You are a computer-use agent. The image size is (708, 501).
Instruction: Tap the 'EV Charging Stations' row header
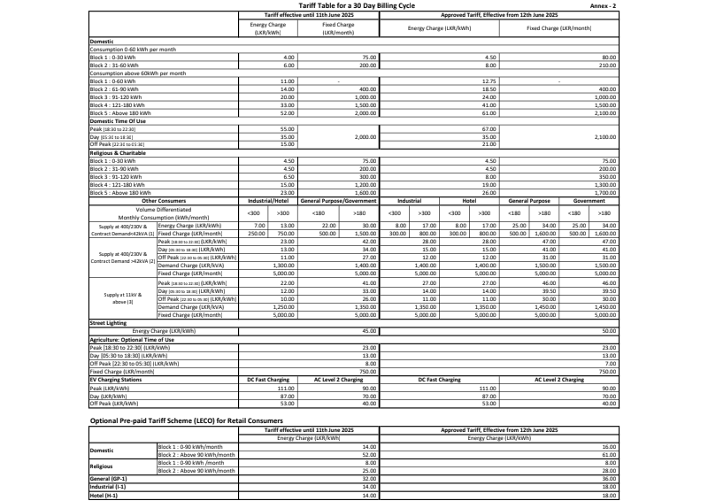pyautogui.click(x=119, y=379)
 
